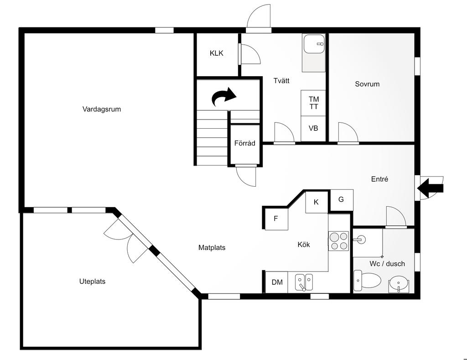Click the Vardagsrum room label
pyautogui.click(x=102, y=109)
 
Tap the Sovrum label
pyautogui.click(x=367, y=84)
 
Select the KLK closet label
pyautogui.click(x=217, y=53)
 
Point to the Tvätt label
pyautogui.click(x=281, y=81)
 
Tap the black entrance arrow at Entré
pyautogui.click(x=431, y=188)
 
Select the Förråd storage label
pyautogui.click(x=245, y=143)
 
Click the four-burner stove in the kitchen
pyautogui.click(x=339, y=241)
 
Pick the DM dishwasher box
pyautogui.click(x=277, y=282)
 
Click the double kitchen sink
pyautogui.click(x=304, y=282)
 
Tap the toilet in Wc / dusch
pyautogui.click(x=367, y=281)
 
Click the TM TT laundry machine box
pyautogui.click(x=313, y=103)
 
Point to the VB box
pyautogui.click(x=313, y=129)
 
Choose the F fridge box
pyautogui.click(x=276, y=219)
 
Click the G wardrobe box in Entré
pyautogui.click(x=341, y=200)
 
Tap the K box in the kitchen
pyautogui.click(x=317, y=202)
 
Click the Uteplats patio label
pyautogui.click(x=92, y=282)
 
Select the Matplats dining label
pyautogui.click(x=212, y=248)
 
